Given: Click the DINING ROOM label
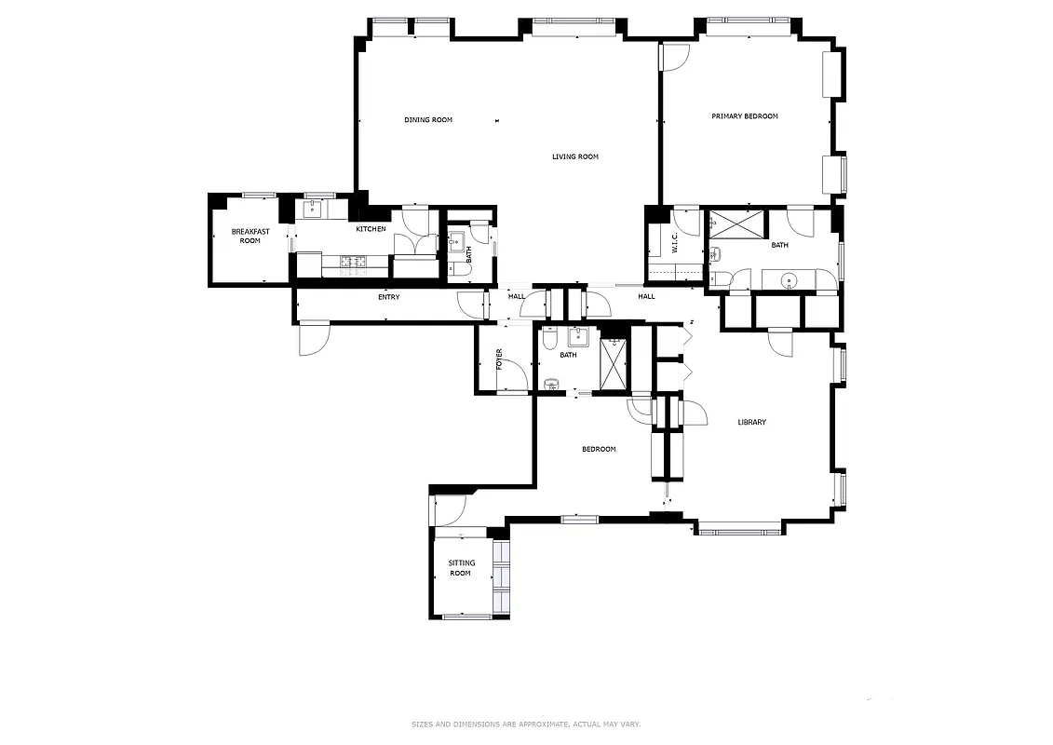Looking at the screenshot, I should pos(428,120).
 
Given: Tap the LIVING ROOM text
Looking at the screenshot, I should pos(574,156).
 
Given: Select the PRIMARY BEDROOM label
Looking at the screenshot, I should pos(744,116).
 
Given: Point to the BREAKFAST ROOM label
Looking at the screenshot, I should pos(249,236).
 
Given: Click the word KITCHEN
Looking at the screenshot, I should pos(371,229).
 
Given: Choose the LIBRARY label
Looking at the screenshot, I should pos(751,423).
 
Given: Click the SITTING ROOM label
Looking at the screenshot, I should pos(461,568).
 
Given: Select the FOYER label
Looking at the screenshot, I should pos(500,359).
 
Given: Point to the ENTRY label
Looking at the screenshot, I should pos(388,297).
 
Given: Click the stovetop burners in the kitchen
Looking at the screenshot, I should pos(354,262).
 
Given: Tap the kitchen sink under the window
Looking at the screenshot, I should pos(311,210).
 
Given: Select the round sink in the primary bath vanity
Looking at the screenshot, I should pos(789,279).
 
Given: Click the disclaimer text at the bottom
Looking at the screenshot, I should pos(526,724).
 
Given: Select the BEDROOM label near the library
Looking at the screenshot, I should pos(599,450).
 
